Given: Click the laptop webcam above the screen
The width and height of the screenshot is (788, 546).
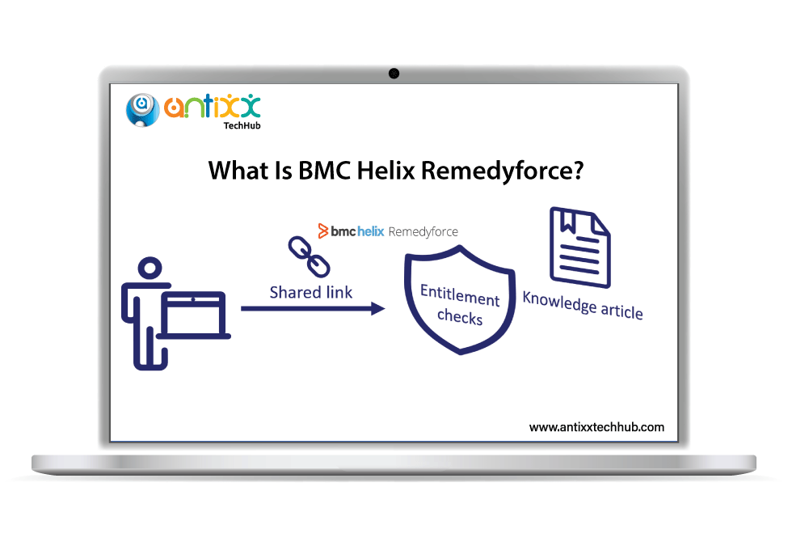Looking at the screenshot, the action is pyautogui.click(x=394, y=74).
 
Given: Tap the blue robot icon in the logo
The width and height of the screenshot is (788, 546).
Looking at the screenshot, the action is pyautogui.click(x=142, y=109).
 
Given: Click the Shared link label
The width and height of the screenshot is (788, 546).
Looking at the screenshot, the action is pyautogui.click(x=311, y=292).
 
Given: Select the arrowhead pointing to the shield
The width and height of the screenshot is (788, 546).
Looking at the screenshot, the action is pyautogui.click(x=377, y=308).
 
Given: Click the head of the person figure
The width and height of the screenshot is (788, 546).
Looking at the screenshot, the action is pyautogui.click(x=150, y=270).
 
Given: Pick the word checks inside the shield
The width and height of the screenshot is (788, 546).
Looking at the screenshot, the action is pyautogui.click(x=459, y=316).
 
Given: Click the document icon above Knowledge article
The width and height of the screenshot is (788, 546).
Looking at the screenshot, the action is pyautogui.click(x=579, y=246).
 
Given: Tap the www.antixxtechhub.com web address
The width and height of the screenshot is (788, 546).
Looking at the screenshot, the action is pyautogui.click(x=596, y=426).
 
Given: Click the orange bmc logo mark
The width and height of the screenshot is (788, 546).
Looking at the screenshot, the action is pyautogui.click(x=323, y=231).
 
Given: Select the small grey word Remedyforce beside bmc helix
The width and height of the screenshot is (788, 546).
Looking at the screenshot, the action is pyautogui.click(x=423, y=231).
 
